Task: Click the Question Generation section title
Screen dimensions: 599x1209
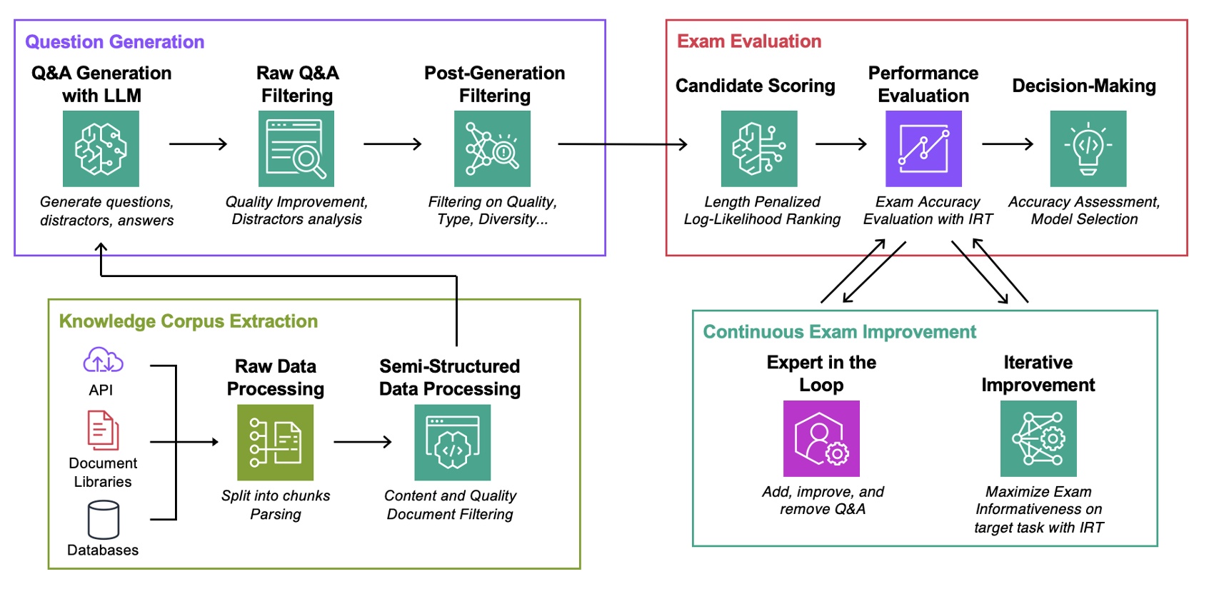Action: (114, 42)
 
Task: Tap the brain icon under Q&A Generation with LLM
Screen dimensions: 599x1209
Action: (101, 149)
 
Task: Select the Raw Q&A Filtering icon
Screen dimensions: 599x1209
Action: (296, 149)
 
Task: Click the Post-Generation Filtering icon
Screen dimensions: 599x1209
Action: (492, 149)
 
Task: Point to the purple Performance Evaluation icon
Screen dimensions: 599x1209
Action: (923, 149)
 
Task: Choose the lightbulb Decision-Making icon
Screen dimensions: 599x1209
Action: (1088, 149)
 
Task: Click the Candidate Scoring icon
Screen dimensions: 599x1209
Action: (759, 149)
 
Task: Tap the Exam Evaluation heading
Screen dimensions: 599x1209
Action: (749, 41)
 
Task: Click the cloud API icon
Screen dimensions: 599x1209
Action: (103, 361)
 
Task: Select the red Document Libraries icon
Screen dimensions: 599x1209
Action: (103, 430)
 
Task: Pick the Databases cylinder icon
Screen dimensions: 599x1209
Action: (103, 520)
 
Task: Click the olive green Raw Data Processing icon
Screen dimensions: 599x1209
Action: (275, 443)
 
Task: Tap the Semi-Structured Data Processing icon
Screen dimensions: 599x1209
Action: (452, 443)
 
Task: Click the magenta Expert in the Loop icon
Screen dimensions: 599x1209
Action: (821, 438)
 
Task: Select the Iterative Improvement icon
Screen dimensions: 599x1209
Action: (1038, 438)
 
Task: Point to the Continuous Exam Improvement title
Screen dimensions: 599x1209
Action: (839, 332)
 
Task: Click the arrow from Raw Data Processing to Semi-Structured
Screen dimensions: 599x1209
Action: (363, 442)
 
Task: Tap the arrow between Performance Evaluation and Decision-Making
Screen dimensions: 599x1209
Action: (1007, 144)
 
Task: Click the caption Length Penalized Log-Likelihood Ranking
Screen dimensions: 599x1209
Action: (762, 211)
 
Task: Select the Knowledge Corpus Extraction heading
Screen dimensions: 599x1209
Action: (188, 321)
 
